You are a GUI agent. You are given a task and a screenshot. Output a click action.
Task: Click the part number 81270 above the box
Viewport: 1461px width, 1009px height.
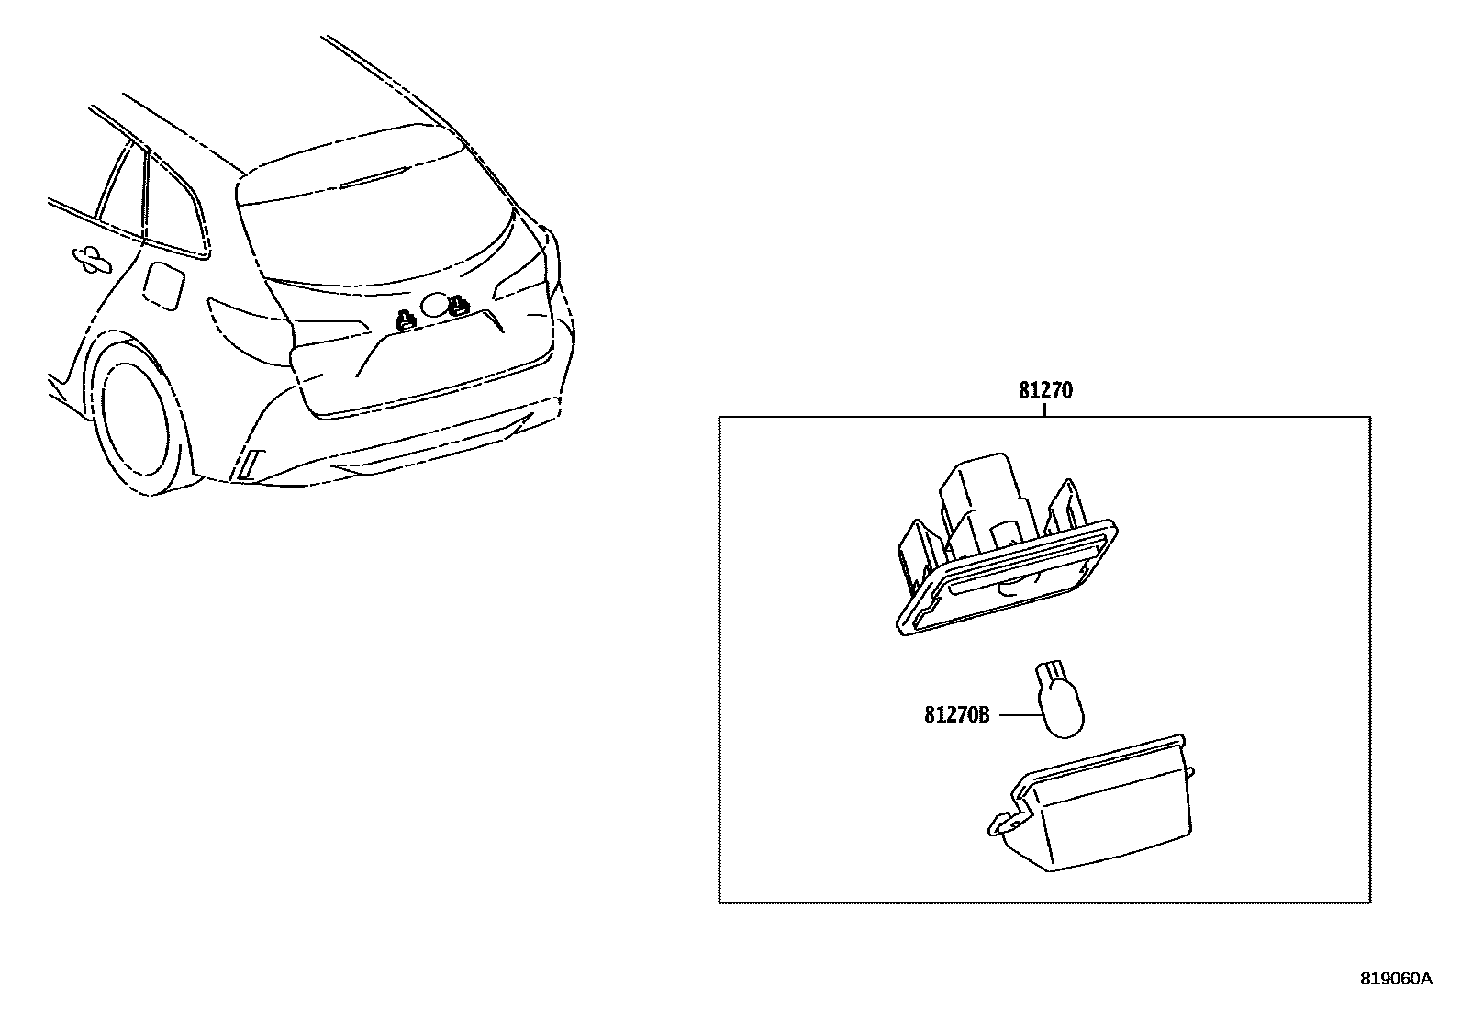(x=1044, y=390)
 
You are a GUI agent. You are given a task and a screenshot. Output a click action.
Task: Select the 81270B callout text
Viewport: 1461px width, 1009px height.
(x=956, y=714)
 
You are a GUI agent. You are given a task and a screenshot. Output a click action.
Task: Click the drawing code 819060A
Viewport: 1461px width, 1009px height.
(x=1395, y=979)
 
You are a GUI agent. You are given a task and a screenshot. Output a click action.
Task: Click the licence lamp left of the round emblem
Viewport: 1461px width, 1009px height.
(x=404, y=320)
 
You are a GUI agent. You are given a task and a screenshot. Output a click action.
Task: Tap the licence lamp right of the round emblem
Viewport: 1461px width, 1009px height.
(x=458, y=306)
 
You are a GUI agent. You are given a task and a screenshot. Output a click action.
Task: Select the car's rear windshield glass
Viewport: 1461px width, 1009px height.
(x=367, y=230)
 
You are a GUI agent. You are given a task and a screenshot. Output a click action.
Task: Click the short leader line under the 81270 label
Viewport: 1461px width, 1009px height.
(x=1044, y=409)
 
